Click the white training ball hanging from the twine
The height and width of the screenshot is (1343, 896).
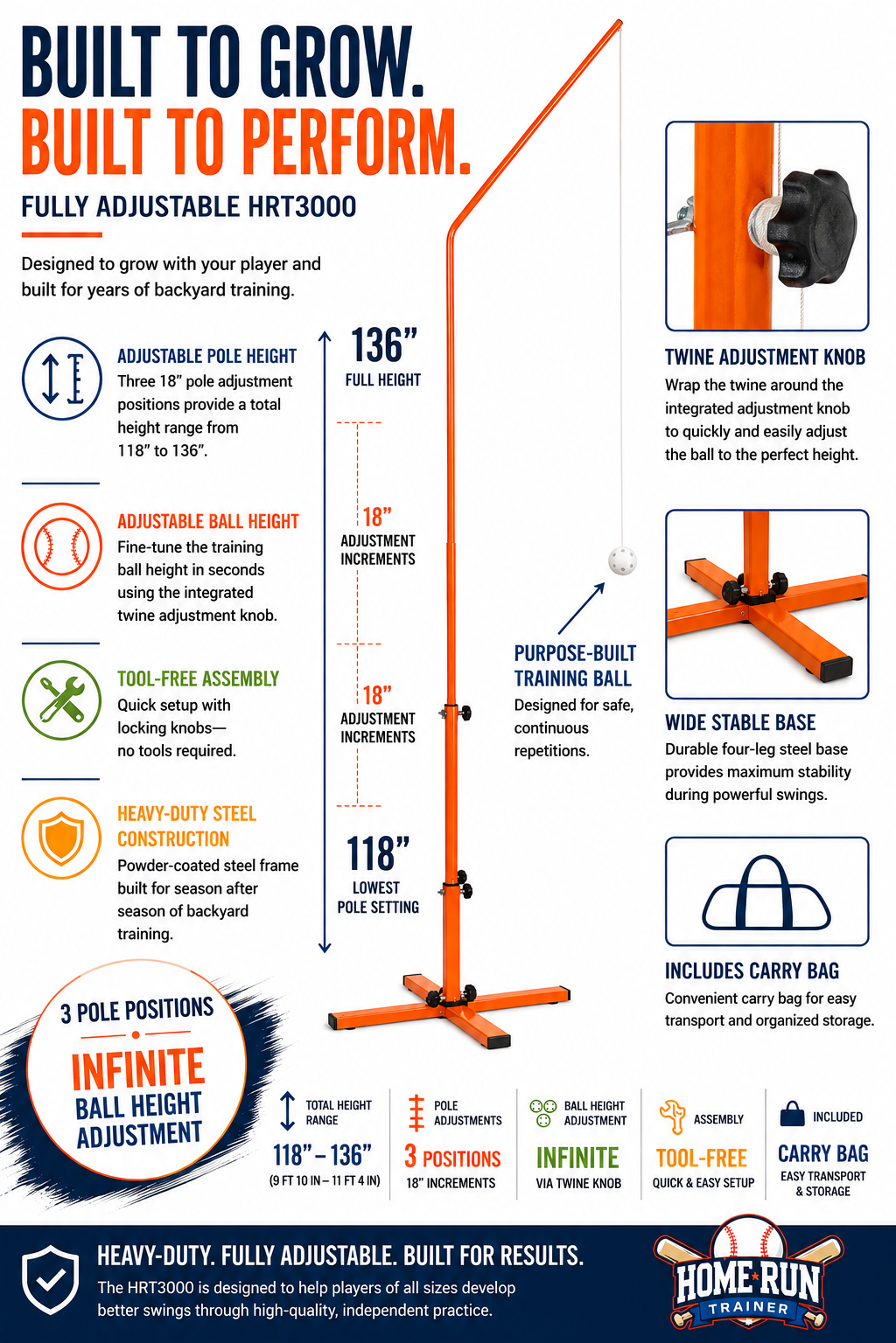click(622, 560)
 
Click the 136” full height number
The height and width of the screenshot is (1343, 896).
click(383, 345)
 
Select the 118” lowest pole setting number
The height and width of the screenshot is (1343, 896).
click(378, 853)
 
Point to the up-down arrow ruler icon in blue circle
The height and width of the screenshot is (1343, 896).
click(62, 379)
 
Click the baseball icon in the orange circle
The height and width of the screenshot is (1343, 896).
click(62, 546)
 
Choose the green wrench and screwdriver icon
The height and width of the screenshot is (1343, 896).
click(62, 699)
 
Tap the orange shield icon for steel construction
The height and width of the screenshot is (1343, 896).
click(61, 839)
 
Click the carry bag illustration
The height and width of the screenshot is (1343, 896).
click(766, 893)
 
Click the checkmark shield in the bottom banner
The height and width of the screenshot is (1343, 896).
click(51, 1279)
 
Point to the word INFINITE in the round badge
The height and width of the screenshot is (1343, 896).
click(138, 1069)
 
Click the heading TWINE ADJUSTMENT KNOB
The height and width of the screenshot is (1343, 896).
click(765, 358)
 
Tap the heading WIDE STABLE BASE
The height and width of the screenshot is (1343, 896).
click(740, 722)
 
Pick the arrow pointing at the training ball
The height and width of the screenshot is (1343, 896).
click(581, 608)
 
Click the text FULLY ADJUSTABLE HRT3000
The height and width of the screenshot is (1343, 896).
click(189, 207)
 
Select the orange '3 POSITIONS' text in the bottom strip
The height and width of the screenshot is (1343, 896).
click(452, 1157)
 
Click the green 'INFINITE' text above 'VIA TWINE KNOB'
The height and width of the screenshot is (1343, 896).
click(577, 1158)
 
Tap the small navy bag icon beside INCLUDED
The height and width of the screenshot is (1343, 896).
click(792, 1115)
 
